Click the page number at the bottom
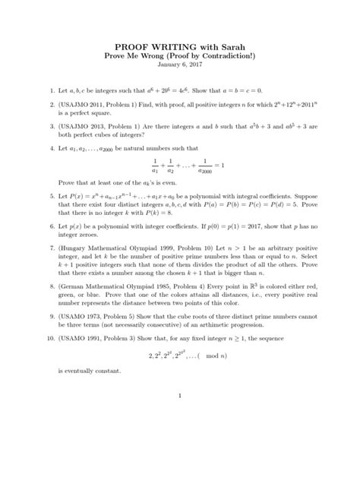click(x=180, y=459)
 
